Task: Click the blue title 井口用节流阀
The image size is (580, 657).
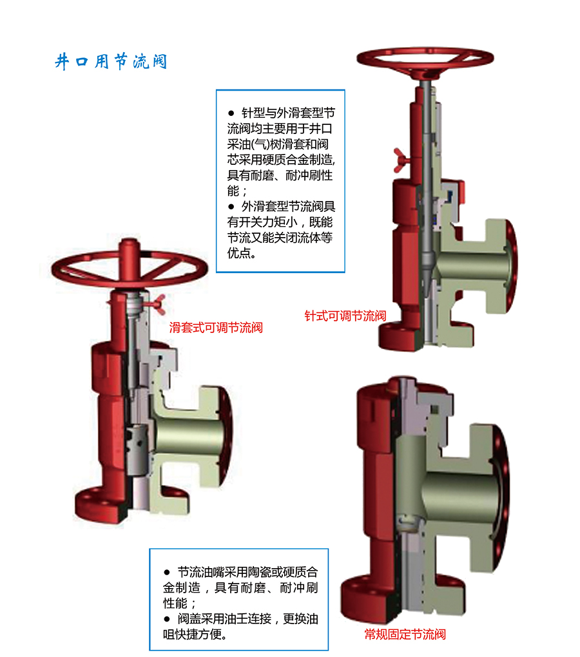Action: (111, 62)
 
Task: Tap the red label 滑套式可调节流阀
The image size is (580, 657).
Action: (216, 327)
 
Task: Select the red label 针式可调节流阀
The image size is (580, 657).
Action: (345, 316)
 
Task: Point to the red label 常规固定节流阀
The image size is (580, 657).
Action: (405, 634)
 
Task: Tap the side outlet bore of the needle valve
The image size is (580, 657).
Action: (474, 266)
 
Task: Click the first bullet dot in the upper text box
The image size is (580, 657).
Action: (231, 113)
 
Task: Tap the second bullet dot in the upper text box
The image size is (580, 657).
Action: (231, 207)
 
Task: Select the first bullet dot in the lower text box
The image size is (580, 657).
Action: (167, 573)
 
